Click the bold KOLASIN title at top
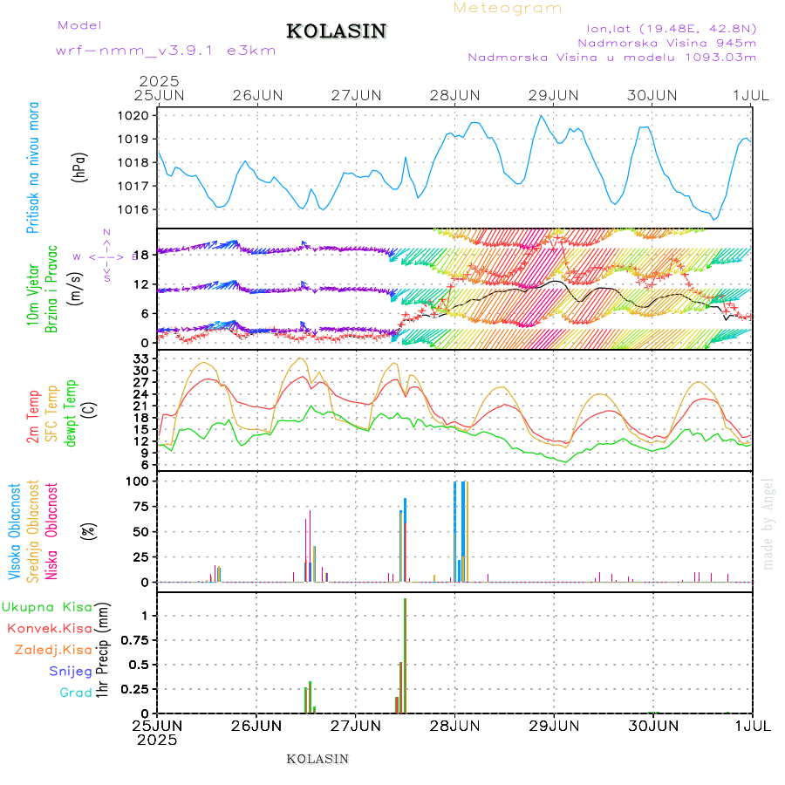tap(337, 31)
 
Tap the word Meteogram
tap(508, 8)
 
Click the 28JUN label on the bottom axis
tap(454, 726)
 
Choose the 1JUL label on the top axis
tap(752, 95)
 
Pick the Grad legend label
tap(75, 693)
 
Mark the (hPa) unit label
tap(80, 166)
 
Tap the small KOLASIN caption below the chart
tap(317, 759)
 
